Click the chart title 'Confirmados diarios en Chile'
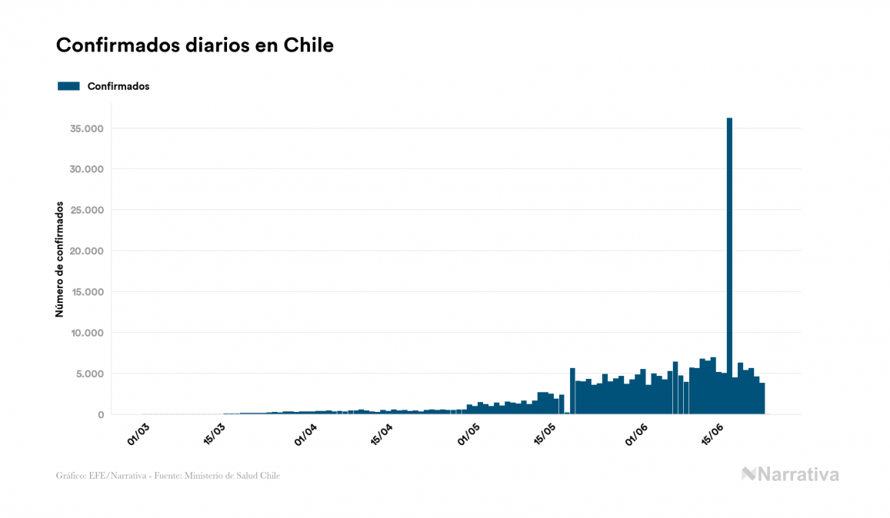pos(195,45)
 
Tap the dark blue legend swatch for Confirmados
pos(68,86)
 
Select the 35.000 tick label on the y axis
pos(87,128)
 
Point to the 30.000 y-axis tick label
pos(87,169)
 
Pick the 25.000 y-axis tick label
pos(87,210)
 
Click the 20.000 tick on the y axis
pos(87,251)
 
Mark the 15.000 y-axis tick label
pos(87,292)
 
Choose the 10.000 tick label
pos(87,333)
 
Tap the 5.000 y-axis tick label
pos(90,374)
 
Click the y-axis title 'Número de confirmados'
pos(59,259)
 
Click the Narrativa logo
pos(790,474)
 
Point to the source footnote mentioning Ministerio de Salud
pos(168,476)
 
